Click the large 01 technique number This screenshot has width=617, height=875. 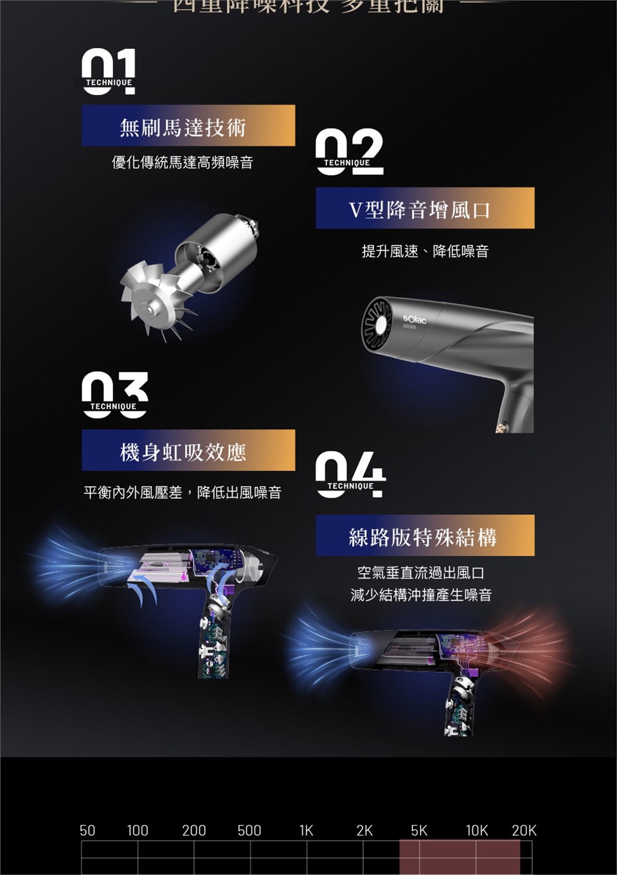click(x=109, y=71)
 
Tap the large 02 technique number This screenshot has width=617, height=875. click(x=349, y=152)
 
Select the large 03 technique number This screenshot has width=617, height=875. click(x=114, y=395)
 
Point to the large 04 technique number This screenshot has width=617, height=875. click(x=350, y=474)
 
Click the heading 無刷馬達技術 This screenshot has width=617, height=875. click(x=183, y=127)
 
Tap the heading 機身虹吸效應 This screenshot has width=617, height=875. click(x=183, y=452)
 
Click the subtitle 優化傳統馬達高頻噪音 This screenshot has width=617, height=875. click(x=183, y=163)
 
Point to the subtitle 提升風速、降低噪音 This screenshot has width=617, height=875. click(x=425, y=251)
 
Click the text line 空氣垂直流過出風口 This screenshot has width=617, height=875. click(x=421, y=572)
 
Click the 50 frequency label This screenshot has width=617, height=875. click(x=87, y=831)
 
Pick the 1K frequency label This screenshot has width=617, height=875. click(x=307, y=831)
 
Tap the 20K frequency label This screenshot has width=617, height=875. click(x=524, y=831)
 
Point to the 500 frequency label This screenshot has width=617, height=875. click(x=249, y=831)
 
